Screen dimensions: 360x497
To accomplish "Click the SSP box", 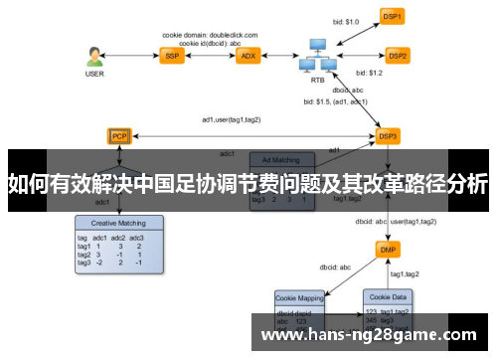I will [x=172, y=56].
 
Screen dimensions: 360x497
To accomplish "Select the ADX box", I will [x=248, y=56].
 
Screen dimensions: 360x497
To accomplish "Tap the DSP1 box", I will [x=393, y=16].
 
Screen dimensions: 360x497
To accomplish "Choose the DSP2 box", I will [x=398, y=56].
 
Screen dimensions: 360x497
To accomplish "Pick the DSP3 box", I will [x=388, y=135].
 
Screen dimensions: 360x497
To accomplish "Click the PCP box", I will [x=119, y=135].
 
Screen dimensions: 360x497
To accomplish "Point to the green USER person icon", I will [x=94, y=56].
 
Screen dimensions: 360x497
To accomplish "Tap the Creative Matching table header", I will [x=111, y=225].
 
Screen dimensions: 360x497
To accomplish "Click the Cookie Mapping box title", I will [x=300, y=297].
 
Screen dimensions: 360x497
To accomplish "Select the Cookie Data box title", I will [x=389, y=297].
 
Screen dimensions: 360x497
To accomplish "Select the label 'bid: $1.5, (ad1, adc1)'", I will [x=336, y=101].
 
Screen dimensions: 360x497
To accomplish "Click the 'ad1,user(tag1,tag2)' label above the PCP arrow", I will [x=232, y=120].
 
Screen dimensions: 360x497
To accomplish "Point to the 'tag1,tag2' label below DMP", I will [x=405, y=273].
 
